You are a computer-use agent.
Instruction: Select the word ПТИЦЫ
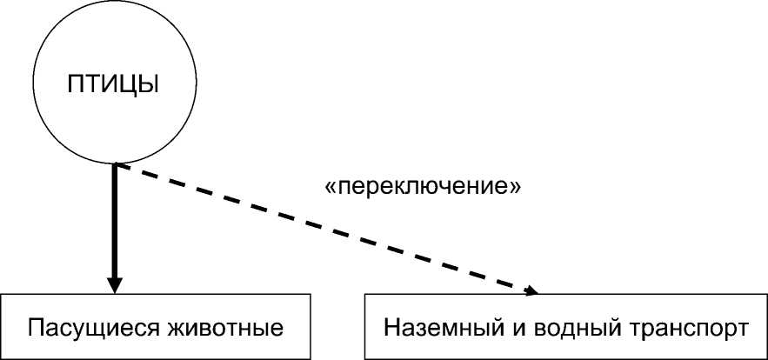113,85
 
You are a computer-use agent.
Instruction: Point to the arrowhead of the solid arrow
114,286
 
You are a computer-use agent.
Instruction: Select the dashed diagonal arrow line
322,228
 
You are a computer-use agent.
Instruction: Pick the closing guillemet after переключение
516,188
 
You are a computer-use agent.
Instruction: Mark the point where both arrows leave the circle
115,164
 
